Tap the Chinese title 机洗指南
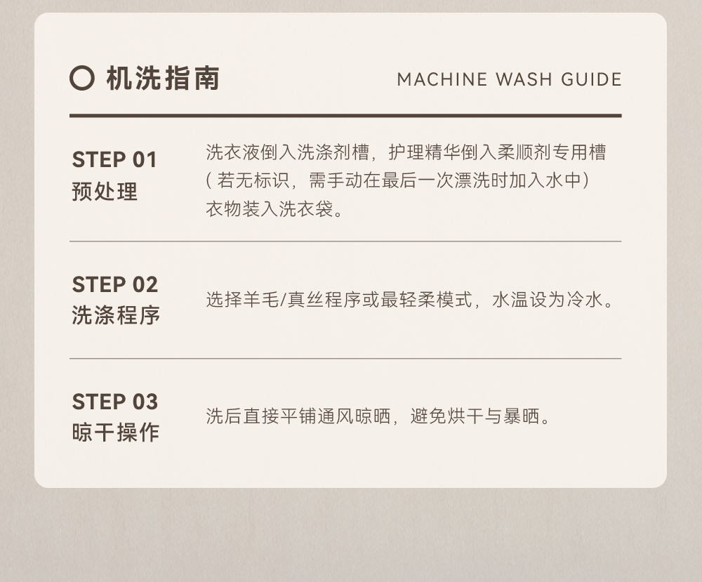[164, 79]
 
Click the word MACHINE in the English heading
[442, 80]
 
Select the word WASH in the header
[524, 80]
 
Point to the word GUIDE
[591, 80]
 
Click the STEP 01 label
[114, 160]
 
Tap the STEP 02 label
[115, 285]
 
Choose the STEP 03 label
[115, 402]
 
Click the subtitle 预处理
[105, 192]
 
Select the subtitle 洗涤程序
[116, 315]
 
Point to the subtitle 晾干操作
[116, 432]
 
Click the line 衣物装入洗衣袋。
[274, 209]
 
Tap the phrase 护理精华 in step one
[425, 152]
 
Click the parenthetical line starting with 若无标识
[397, 180]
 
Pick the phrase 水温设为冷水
[547, 300]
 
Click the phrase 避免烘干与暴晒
[475, 416]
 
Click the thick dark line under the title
[345, 116]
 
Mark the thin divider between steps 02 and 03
[345, 359]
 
